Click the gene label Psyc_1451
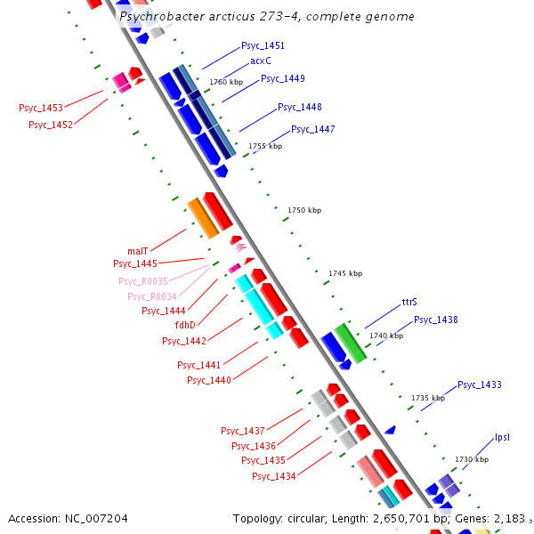click(x=263, y=45)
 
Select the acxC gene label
click(x=261, y=61)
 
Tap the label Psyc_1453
click(x=41, y=108)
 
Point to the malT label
click(x=137, y=251)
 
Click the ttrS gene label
click(x=409, y=303)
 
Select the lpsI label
click(x=502, y=437)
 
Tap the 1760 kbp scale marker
click(x=226, y=82)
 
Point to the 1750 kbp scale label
click(x=304, y=210)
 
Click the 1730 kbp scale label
click(x=472, y=459)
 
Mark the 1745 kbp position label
click(x=345, y=273)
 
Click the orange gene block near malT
click(x=203, y=218)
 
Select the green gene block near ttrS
click(x=350, y=343)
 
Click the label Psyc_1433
click(x=480, y=384)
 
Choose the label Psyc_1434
click(x=273, y=476)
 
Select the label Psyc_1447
click(x=313, y=129)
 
